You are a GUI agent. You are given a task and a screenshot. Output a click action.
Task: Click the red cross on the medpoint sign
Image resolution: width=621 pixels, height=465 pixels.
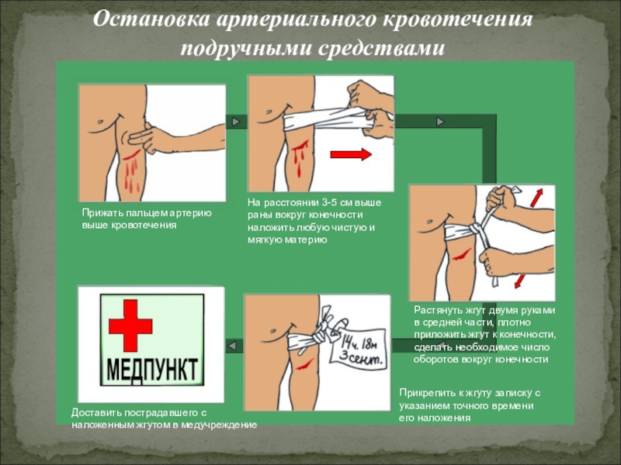coord(130,325)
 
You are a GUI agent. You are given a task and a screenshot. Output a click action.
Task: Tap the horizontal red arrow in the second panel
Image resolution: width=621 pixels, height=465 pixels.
coord(351,153)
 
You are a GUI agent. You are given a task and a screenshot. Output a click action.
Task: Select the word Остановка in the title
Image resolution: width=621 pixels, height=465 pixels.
coord(151,20)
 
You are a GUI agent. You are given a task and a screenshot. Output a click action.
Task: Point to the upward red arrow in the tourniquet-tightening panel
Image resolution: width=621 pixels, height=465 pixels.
coord(536,197)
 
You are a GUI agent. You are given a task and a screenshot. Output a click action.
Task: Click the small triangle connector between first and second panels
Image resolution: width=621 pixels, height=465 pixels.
coord(236,121)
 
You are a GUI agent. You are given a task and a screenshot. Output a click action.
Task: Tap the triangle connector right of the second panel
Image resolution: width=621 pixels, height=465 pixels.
coord(440,122)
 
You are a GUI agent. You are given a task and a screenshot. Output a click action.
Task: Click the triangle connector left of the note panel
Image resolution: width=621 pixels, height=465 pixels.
coord(233,346)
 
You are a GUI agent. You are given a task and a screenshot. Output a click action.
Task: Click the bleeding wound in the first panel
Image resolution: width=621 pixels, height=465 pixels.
coord(131,170)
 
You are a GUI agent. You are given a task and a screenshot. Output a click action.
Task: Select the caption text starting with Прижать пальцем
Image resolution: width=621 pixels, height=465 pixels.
coord(147,219)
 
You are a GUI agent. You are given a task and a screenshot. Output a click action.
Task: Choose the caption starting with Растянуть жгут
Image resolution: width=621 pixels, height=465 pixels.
coord(484,335)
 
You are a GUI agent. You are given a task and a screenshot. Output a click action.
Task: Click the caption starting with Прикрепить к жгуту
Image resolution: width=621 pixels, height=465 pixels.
coord(470,405)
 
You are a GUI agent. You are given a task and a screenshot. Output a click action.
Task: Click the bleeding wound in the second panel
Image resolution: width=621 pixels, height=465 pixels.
coord(300,157)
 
